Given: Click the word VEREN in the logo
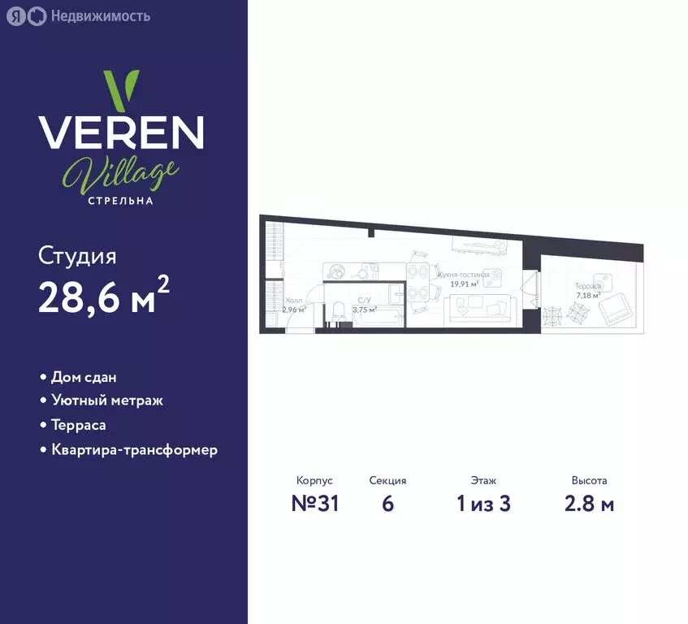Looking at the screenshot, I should [x=122, y=132].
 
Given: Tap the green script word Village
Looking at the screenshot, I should [x=120, y=172].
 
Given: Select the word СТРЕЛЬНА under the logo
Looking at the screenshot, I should [x=121, y=201].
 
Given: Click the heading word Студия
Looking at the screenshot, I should [x=77, y=257].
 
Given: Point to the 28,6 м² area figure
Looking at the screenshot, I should [x=104, y=298].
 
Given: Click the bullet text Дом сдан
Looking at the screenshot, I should [x=84, y=378].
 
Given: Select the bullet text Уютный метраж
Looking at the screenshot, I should [x=107, y=401].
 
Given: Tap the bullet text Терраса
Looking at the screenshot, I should [x=79, y=425].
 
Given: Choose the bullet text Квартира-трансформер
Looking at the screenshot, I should [x=134, y=449].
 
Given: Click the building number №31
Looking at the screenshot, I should [x=314, y=504].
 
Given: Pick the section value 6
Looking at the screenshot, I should [x=387, y=504].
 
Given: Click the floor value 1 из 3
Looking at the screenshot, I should [x=483, y=504].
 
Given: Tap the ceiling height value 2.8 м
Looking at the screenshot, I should [x=589, y=504].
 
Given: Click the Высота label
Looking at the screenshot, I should [x=589, y=481].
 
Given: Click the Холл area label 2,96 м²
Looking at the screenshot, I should [x=293, y=310].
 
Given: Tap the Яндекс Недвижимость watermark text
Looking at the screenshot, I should [x=99, y=16].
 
